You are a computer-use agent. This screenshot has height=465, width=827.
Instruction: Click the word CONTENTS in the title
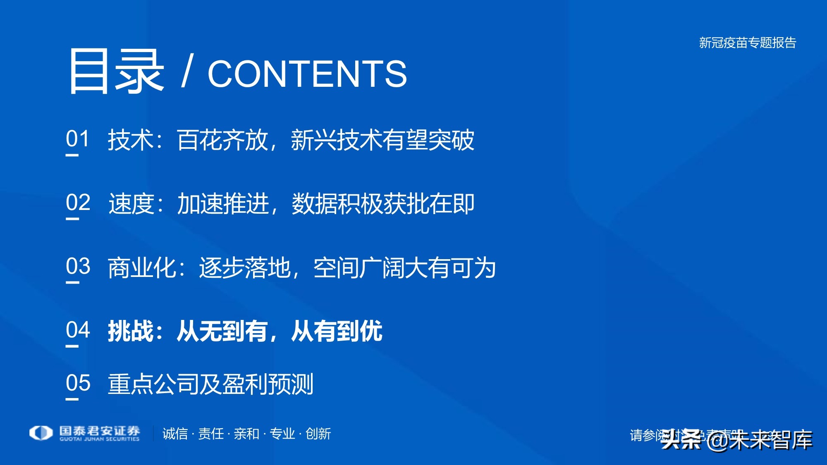pos(307,74)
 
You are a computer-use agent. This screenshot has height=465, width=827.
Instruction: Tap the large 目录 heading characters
pos(115,71)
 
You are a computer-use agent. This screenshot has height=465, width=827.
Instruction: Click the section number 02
pos(78,203)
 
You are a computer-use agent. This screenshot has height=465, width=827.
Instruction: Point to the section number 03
pos(78,266)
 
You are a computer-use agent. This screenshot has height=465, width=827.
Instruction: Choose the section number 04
pos(78,330)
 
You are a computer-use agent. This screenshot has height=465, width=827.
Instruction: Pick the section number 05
pos(78,383)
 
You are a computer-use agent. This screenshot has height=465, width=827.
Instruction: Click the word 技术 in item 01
pos(131,140)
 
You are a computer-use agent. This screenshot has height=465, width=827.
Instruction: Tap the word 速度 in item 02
pos(131,204)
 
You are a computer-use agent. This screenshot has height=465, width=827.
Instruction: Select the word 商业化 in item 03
pos(142,268)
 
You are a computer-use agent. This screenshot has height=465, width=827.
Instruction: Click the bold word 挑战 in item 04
pos(131,331)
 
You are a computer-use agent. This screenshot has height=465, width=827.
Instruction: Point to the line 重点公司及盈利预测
pos(210,384)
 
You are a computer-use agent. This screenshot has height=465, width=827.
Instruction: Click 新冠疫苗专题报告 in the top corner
pos(747,43)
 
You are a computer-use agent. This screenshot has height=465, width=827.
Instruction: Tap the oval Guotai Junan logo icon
pos(41,433)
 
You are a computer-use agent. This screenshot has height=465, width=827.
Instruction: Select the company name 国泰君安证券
pos(99,431)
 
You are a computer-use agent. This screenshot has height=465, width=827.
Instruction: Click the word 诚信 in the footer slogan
pos(175,434)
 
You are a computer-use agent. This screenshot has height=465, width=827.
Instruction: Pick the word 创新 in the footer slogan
pos(318,434)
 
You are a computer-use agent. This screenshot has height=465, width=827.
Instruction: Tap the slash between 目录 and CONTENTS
pos(187,72)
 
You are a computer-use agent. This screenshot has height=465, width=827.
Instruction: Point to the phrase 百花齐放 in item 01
pos(222,140)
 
